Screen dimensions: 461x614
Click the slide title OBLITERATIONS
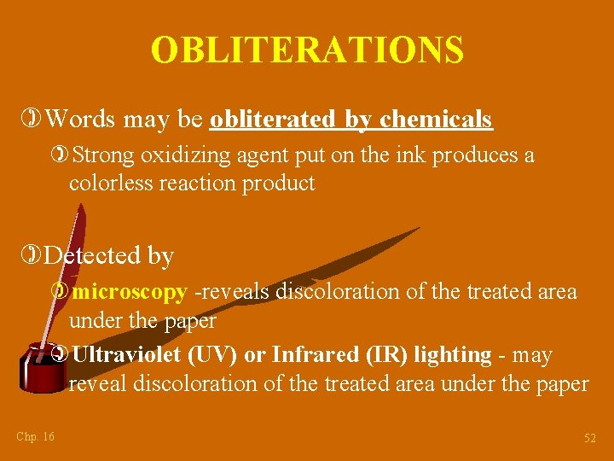[x=307, y=50]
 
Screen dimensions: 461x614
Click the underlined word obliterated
[x=273, y=120]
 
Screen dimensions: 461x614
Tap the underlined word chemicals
[x=436, y=120]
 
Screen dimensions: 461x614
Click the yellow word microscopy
[x=130, y=292]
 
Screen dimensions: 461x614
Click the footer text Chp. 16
[x=35, y=437]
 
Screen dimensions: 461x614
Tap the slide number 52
[x=589, y=438]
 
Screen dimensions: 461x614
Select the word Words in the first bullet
[x=81, y=120]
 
